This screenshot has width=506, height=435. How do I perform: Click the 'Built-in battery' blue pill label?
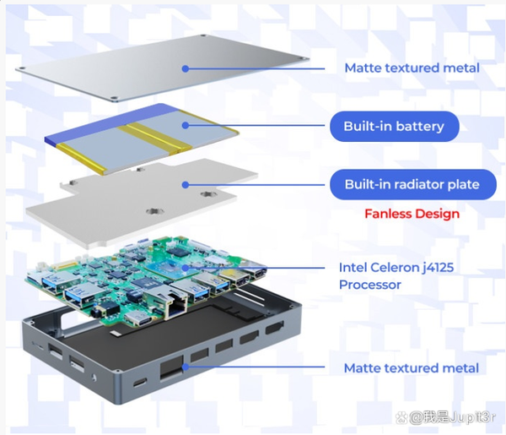(394, 127)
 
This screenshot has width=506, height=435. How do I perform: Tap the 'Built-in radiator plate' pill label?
(412, 184)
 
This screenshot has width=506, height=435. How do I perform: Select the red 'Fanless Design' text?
(412, 214)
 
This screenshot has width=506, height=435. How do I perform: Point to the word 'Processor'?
(370, 285)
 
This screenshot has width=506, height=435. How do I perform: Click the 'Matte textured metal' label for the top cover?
(412, 68)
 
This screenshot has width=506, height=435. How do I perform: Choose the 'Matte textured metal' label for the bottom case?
(412, 368)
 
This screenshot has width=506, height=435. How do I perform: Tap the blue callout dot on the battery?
(186, 125)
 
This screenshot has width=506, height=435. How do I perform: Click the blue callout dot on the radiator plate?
(186, 185)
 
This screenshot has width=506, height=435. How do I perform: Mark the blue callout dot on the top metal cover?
(186, 68)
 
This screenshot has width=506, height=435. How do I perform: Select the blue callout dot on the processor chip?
(186, 268)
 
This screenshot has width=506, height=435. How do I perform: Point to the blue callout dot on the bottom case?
(186, 367)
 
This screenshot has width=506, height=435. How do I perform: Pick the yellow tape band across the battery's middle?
(155, 139)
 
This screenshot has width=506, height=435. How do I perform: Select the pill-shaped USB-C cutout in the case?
(140, 383)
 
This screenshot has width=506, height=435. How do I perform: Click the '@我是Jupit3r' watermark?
(445, 417)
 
